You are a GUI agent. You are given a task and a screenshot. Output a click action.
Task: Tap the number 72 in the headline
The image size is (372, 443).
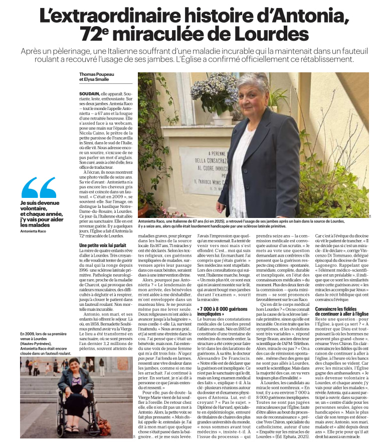coord(90,34)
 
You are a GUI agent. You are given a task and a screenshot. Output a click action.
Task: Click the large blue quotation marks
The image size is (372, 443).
coord(39,188)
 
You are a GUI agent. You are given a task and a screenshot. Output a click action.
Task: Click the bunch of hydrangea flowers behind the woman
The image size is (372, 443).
coord(214,92)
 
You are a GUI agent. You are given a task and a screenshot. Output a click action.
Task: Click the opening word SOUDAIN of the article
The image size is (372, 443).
coord(89,94)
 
